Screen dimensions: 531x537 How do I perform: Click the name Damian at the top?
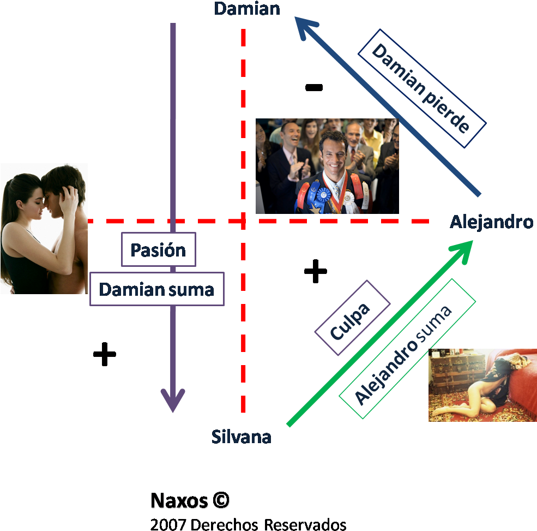pyautogui.click(x=246, y=9)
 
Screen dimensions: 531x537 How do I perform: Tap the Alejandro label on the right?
pyautogui.click(x=491, y=222)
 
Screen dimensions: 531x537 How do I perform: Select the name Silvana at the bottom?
pyautogui.click(x=242, y=437)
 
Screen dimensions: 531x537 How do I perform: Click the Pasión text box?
pyautogui.click(x=158, y=250)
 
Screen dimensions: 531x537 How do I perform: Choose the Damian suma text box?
pyautogui.click(x=157, y=289)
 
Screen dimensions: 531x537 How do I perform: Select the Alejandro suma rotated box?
pyautogui.click(x=407, y=349)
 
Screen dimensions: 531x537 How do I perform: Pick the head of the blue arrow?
pyautogui.click(x=306, y=27)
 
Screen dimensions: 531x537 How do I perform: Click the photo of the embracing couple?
pyautogui.click(x=44, y=229)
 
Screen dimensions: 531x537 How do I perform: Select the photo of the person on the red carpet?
pyautogui.click(x=482, y=385)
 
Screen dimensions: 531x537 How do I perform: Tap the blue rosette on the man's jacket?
pyautogui.click(x=324, y=193)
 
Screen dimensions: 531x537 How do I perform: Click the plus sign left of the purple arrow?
pyautogui.click(x=104, y=354)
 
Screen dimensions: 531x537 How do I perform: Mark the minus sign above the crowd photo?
pyautogui.click(x=314, y=87)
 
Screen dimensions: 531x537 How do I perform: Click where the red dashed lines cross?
pyautogui.click(x=243, y=221)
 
